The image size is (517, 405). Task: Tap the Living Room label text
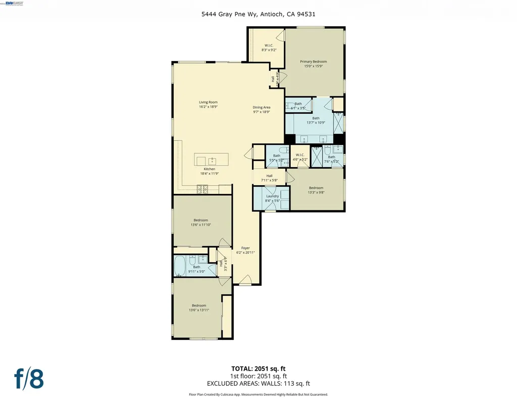[x=208, y=103]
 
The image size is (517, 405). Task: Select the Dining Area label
[x=262, y=107]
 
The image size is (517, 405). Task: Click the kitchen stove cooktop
[x=202, y=189]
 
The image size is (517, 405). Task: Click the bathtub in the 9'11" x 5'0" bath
[x=180, y=266]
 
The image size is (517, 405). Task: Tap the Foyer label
[x=245, y=248]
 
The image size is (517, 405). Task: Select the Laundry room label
[x=272, y=196]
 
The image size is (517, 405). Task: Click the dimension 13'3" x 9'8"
[x=316, y=192]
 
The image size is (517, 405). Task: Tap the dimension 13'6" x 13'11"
[x=198, y=310]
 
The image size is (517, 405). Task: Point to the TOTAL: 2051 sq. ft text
[x=258, y=369]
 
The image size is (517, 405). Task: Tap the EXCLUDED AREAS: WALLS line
[x=258, y=383]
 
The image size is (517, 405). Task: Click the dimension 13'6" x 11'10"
[x=200, y=225]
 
